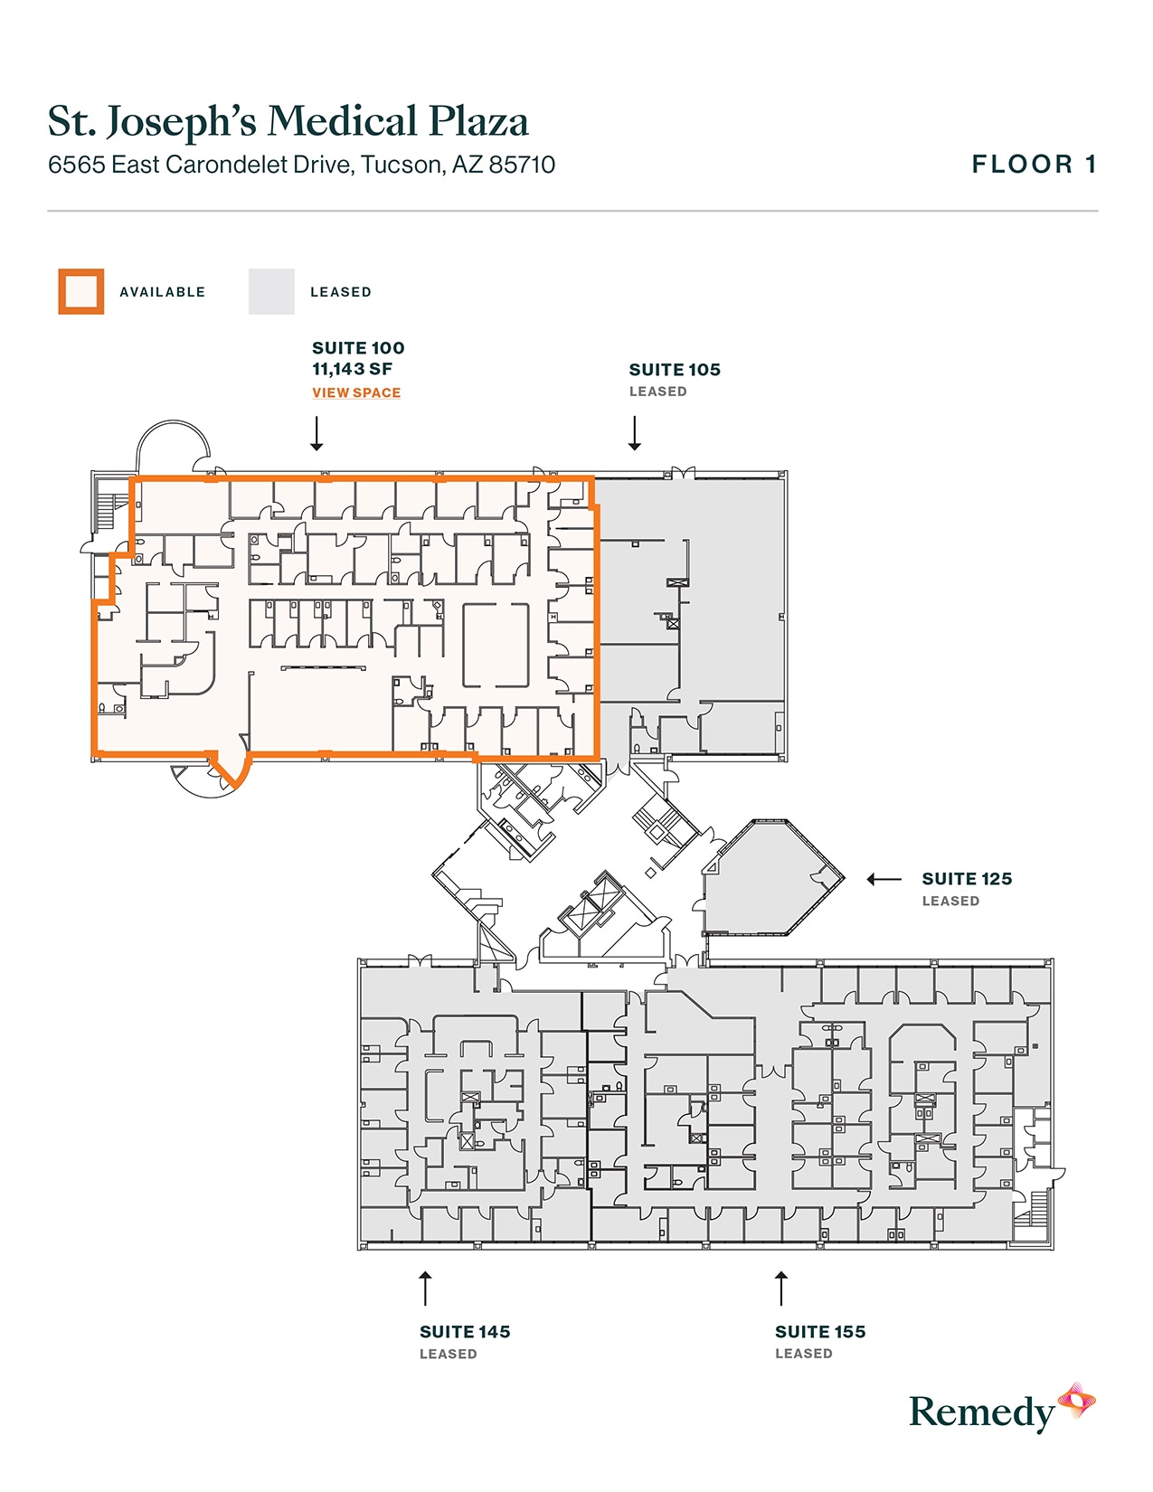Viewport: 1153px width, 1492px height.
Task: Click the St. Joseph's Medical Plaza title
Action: (288, 122)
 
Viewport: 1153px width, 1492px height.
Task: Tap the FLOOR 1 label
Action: (1034, 165)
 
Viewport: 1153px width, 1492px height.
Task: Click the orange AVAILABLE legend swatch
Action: (81, 292)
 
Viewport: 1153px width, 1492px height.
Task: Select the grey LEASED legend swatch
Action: (271, 292)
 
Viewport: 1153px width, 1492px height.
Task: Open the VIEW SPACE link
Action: (356, 392)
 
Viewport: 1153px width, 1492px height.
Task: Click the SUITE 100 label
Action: (358, 348)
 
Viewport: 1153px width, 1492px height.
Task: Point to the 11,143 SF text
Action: (352, 369)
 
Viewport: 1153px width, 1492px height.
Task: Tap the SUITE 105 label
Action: (675, 370)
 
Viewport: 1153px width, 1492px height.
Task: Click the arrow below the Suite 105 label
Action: (635, 433)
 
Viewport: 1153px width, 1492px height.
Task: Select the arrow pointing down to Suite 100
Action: (317, 433)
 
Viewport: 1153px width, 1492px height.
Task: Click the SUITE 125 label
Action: (967, 879)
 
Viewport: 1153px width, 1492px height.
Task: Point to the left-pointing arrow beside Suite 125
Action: (884, 879)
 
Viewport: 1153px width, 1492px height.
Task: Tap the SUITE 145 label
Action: (465, 1332)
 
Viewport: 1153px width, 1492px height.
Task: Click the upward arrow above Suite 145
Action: (425, 1288)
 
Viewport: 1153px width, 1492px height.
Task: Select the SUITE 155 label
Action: (820, 1332)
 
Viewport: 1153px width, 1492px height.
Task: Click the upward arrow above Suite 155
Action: (781, 1288)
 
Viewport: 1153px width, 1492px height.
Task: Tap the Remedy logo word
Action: (981, 1412)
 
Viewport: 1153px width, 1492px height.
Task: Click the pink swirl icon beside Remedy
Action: (1077, 1401)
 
